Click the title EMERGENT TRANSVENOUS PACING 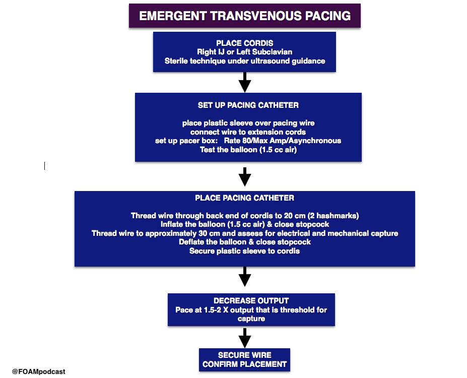pos(245,16)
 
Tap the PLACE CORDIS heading pos(244,43)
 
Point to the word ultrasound pos(270,61)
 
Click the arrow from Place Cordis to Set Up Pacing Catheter pos(245,82)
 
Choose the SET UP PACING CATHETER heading pos(248,105)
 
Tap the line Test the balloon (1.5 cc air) pos(248,150)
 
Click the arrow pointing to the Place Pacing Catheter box pos(245,177)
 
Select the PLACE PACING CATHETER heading pos(244,198)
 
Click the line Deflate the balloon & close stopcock pos(244,242)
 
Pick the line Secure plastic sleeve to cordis pos(244,251)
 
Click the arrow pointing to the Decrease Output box pos(245,277)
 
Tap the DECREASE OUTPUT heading pos(251,301)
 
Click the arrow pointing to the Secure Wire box pos(245,338)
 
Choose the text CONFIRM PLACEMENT pos(244,364)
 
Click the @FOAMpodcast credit pos(38,371)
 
